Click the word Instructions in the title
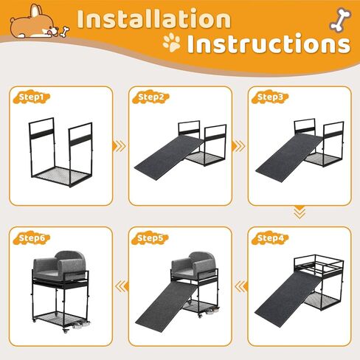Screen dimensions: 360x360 click(269, 44)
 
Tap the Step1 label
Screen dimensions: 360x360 click(31, 97)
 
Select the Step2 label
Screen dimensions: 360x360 click(150, 97)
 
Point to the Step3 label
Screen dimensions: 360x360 click(270, 97)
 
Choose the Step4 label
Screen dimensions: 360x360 click(270, 238)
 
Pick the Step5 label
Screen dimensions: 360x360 click(150, 238)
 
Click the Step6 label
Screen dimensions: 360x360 click(31, 238)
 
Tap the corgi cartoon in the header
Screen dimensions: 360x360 click(35, 23)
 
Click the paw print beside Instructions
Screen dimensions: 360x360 click(172, 43)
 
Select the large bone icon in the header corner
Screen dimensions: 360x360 click(340, 20)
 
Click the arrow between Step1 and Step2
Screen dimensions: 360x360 click(119, 146)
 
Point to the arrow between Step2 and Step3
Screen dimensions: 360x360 click(238, 146)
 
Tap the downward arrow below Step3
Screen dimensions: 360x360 click(300, 212)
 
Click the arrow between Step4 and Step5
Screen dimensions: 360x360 click(240, 286)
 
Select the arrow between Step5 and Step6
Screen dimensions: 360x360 click(122, 286)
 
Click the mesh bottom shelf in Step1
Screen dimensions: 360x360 click(60, 176)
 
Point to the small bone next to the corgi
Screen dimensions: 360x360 click(65, 32)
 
